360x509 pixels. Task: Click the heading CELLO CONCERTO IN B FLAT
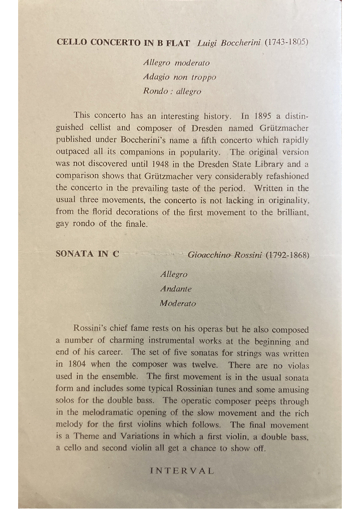tap(123, 43)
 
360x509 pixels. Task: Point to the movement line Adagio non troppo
tap(180, 77)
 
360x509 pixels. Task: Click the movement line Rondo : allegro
tap(172, 91)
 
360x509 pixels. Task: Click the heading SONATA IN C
tap(88, 254)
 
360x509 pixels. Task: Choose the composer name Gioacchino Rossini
tap(225, 255)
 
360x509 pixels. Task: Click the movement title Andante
tap(175, 289)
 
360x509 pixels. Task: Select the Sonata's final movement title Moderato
tap(178, 304)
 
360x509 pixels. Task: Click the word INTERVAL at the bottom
tap(182, 471)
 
